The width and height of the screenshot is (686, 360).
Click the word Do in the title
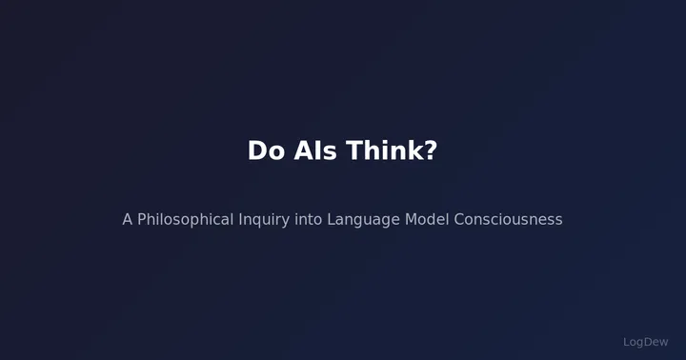[x=266, y=150]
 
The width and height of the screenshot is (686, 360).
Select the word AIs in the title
[x=315, y=150]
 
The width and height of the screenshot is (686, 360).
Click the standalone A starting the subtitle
[x=127, y=219]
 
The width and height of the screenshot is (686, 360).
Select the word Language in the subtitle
[x=364, y=220]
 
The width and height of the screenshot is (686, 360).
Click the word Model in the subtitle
[x=427, y=219]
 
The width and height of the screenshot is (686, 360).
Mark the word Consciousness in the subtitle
[x=508, y=219]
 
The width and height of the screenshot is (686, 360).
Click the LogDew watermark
[x=646, y=342]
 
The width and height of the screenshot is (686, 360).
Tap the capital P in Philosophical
[x=142, y=219]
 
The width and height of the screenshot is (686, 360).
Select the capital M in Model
[x=411, y=219]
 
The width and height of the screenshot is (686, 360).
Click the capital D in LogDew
[x=649, y=342]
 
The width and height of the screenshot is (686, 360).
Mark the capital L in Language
[x=331, y=219]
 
